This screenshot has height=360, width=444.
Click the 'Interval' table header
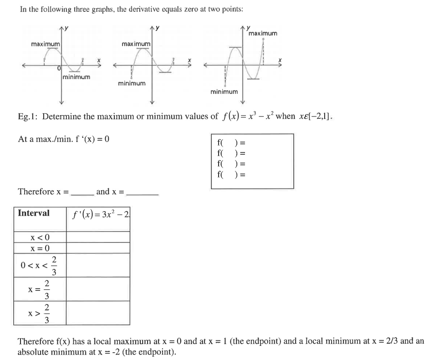click(x=34, y=213)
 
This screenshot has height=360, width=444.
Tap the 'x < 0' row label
click(x=40, y=237)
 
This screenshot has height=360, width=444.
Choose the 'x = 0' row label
click(x=40, y=248)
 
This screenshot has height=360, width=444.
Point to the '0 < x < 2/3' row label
click(x=40, y=265)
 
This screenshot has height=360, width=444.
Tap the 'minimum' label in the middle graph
click(x=132, y=83)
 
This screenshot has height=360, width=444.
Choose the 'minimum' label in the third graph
click(x=224, y=92)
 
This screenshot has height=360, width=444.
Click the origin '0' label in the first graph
click(x=59, y=69)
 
